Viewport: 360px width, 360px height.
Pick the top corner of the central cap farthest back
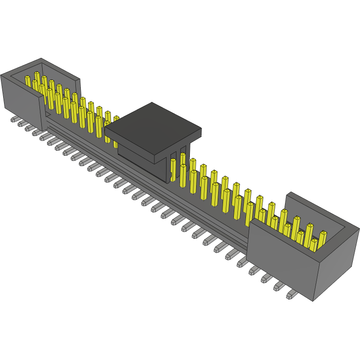[x=152, y=103]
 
